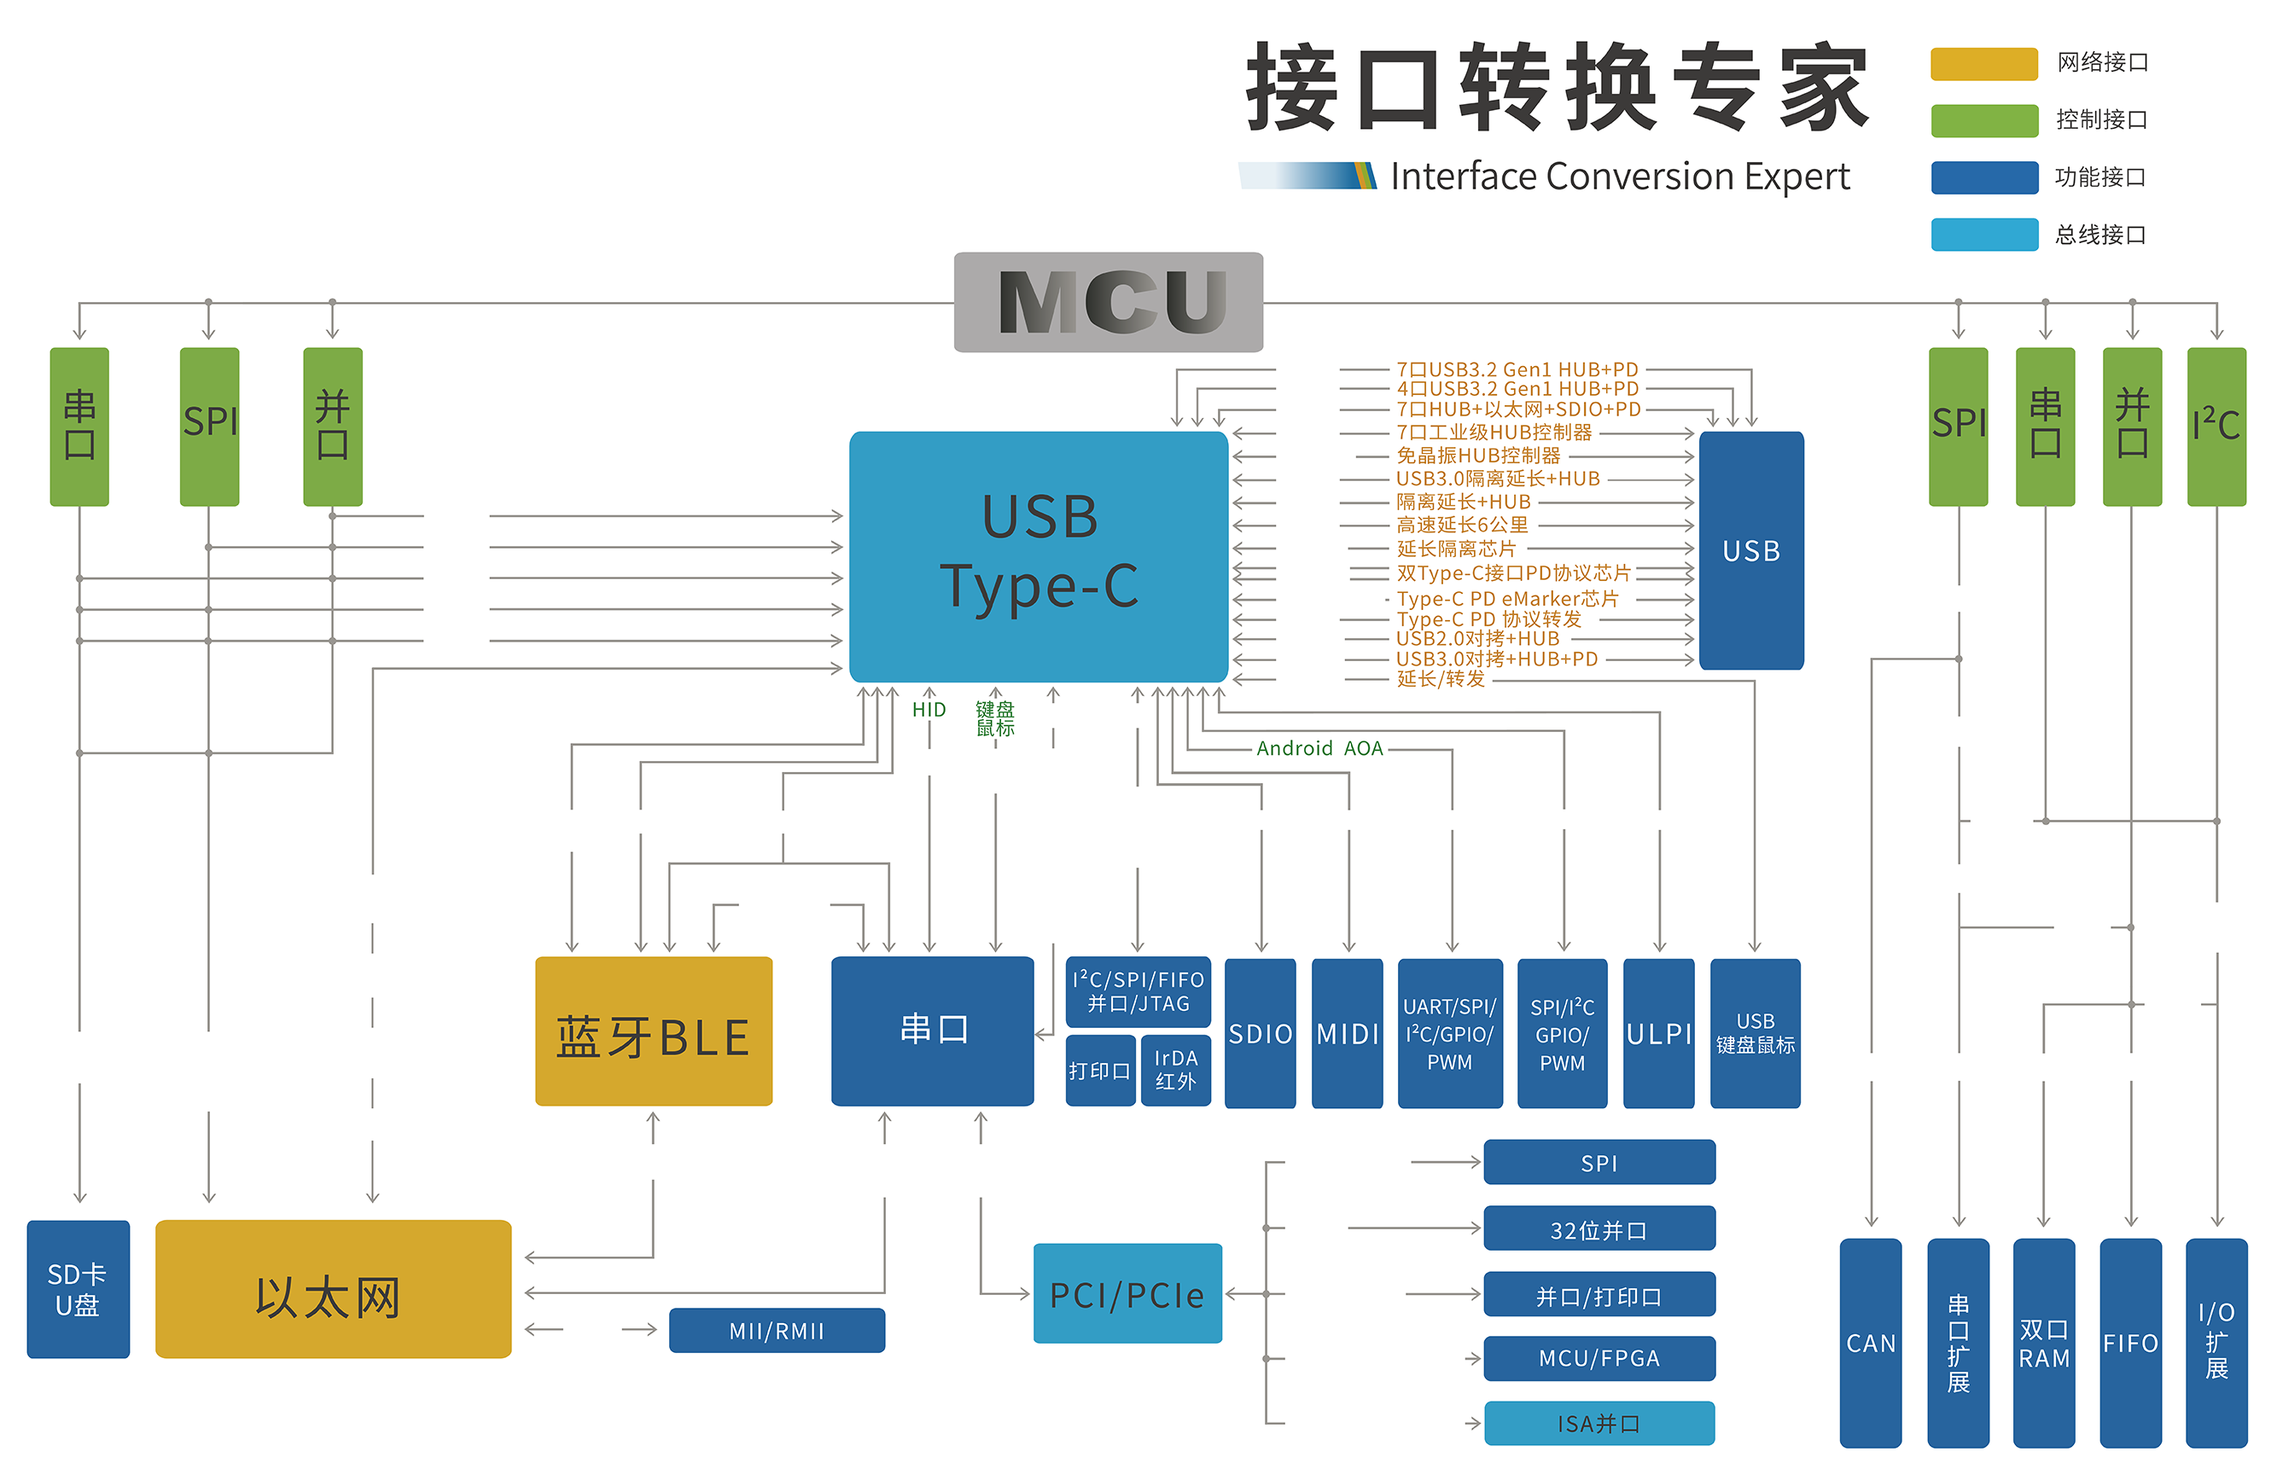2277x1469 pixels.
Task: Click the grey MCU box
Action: pyautogui.click(x=1108, y=301)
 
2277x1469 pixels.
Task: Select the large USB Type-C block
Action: pyautogui.click(x=1039, y=555)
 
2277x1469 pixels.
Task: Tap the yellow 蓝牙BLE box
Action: pyautogui.click(x=653, y=1031)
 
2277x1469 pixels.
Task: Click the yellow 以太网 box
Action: pyautogui.click(x=332, y=1289)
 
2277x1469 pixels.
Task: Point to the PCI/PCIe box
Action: pyautogui.click(x=1127, y=1293)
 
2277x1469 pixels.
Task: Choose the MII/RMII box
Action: pyautogui.click(x=776, y=1330)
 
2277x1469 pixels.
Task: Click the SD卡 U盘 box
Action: pyautogui.click(x=78, y=1289)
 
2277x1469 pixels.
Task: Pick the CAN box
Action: pyautogui.click(x=1870, y=1342)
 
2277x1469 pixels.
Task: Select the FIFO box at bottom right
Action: pyautogui.click(x=2130, y=1342)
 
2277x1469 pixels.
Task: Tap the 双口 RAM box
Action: pyautogui.click(x=2043, y=1342)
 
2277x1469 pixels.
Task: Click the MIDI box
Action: pyautogui.click(x=1347, y=1033)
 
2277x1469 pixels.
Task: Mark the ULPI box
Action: pyautogui.click(x=1657, y=1033)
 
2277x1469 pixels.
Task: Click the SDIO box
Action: pyautogui.click(x=1260, y=1033)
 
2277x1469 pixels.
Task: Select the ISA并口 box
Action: pyautogui.click(x=1599, y=1423)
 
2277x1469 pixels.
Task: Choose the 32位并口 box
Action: pyautogui.click(x=1599, y=1229)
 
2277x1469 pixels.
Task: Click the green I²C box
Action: pyautogui.click(x=2216, y=426)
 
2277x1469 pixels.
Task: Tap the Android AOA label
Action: pyautogui.click(x=1319, y=748)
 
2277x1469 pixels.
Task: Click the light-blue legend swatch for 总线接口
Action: pyautogui.click(x=1984, y=235)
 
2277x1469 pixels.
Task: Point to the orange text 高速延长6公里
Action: pyautogui.click(x=1462, y=525)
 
